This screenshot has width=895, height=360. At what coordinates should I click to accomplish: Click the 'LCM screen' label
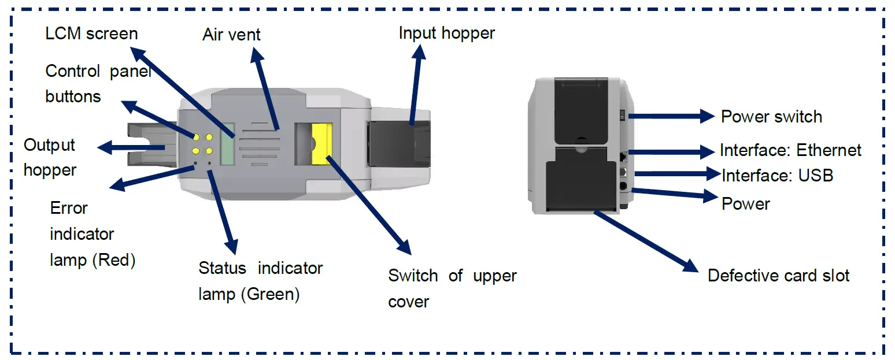click(91, 34)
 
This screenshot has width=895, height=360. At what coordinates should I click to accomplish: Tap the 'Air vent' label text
click(231, 35)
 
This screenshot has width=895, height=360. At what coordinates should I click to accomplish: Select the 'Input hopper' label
click(446, 34)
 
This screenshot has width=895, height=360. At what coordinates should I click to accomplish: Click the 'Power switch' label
click(771, 117)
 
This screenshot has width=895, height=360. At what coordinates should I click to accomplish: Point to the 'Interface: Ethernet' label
click(790, 151)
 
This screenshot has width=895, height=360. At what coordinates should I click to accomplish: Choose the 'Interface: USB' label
click(777, 175)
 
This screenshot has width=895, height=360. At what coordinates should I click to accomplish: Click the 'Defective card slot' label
click(778, 276)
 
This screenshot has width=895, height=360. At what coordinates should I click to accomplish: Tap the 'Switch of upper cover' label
click(452, 288)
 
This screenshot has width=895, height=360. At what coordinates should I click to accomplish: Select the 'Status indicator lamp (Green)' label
click(260, 281)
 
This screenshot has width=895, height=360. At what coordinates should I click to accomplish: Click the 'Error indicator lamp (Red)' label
click(92, 234)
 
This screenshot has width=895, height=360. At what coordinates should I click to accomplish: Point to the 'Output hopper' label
click(50, 157)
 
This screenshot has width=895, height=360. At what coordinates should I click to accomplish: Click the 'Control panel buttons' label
click(98, 84)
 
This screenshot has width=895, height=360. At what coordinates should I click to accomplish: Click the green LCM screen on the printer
click(228, 144)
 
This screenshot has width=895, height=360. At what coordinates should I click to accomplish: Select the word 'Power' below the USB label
click(745, 204)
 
